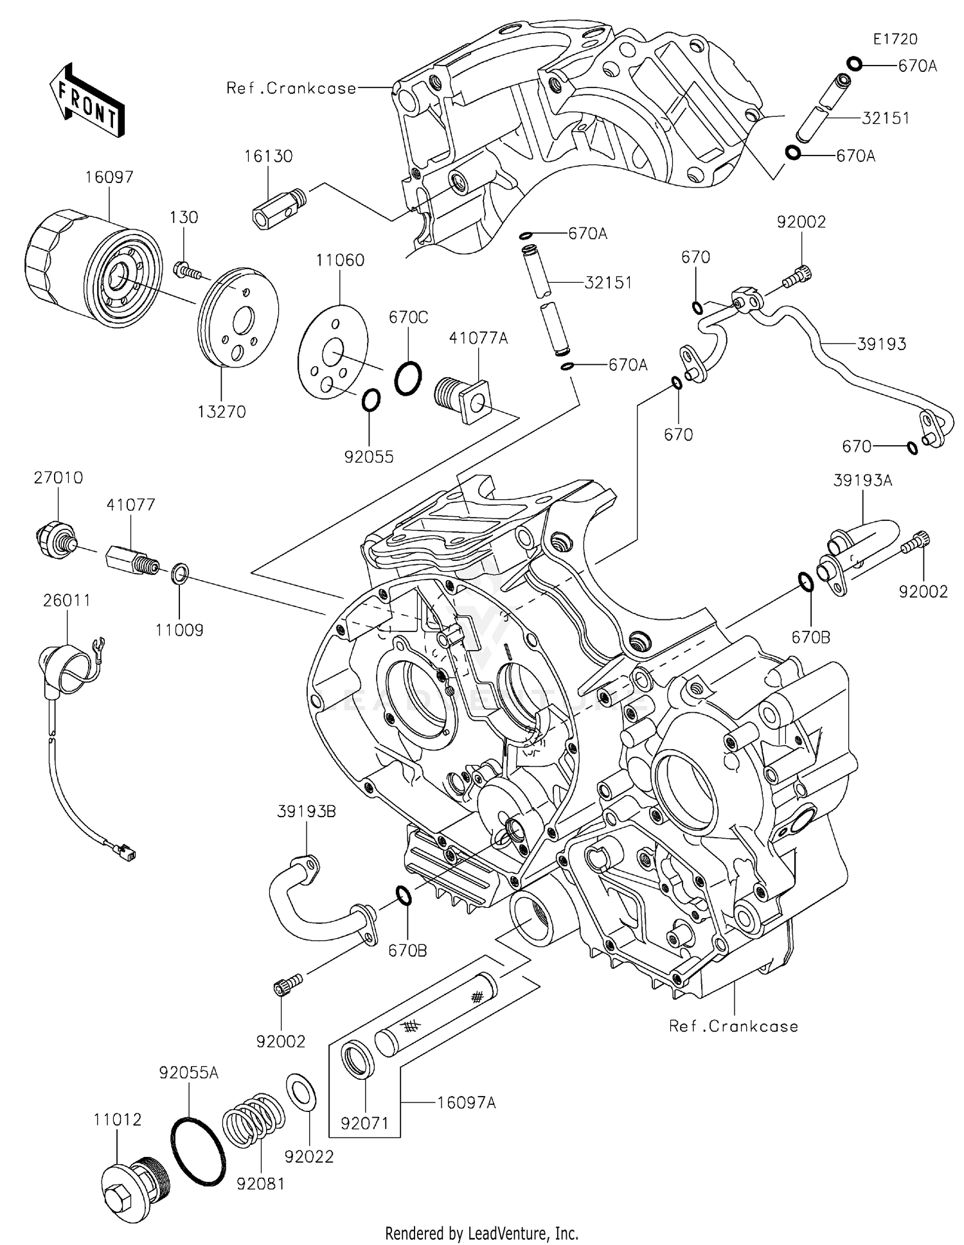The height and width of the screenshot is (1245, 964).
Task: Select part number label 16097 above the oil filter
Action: (109, 177)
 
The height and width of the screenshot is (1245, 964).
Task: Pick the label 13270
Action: (222, 412)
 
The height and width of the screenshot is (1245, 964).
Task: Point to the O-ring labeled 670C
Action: (408, 378)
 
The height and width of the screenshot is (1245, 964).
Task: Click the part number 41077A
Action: (478, 338)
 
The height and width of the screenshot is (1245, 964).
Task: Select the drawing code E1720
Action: (895, 39)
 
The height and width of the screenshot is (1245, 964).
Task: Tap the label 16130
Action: (269, 157)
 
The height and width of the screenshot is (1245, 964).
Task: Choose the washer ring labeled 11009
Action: (180, 572)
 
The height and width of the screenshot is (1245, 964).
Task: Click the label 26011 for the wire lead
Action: (67, 600)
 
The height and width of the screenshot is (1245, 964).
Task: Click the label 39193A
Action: (862, 481)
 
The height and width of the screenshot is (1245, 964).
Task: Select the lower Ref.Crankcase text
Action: (733, 1026)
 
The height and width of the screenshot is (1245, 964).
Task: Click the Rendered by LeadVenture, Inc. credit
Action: (481, 1233)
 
